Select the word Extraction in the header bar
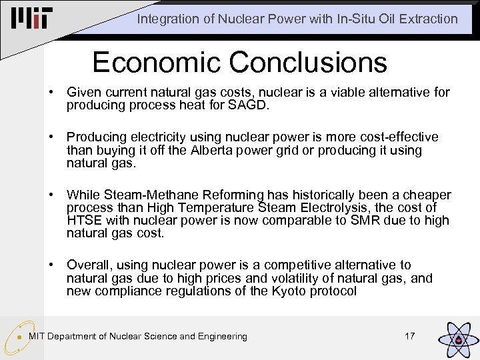(x=431, y=19)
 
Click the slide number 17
(x=410, y=336)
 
